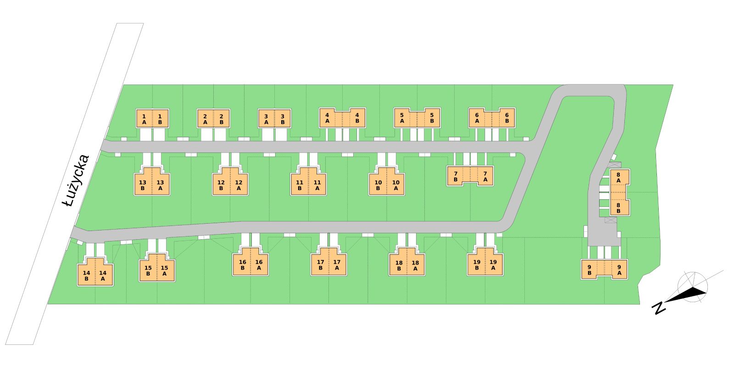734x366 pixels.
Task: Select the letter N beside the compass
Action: click(x=659, y=308)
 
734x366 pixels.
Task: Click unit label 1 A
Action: click(x=144, y=119)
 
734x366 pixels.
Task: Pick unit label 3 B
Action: click(x=283, y=119)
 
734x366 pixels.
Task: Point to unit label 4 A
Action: click(x=328, y=118)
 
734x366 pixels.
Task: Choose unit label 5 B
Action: click(x=432, y=118)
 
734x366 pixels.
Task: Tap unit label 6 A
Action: click(x=477, y=118)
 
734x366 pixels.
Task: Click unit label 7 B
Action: click(x=456, y=176)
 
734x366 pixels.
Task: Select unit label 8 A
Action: click(x=618, y=177)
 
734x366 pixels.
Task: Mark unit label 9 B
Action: click(x=589, y=270)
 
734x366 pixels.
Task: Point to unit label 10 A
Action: click(x=396, y=185)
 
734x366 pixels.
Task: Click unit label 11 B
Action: click(x=300, y=185)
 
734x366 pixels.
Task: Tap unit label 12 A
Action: click(x=239, y=185)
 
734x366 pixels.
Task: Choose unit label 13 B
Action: click(x=143, y=185)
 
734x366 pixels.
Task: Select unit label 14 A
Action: click(x=103, y=276)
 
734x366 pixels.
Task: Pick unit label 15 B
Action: click(x=148, y=270)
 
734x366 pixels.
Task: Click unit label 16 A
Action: click(x=259, y=265)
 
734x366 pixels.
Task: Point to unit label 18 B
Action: click(x=399, y=265)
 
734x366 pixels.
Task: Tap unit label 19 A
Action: click(x=493, y=265)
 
